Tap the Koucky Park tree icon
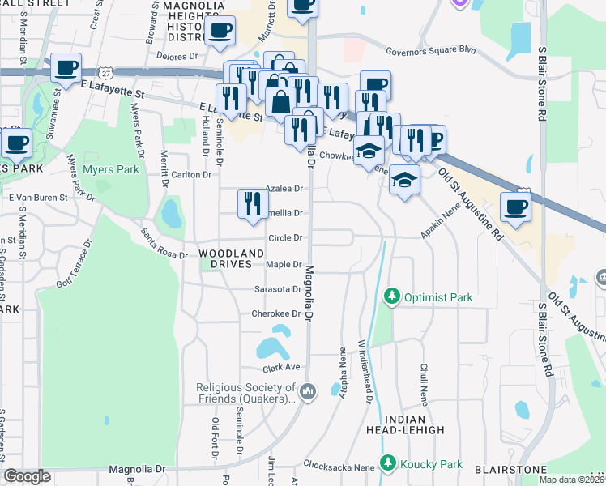(389, 464)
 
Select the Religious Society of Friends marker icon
(307, 393)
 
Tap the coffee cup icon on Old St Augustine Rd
(516, 207)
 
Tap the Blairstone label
(510, 469)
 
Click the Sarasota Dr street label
(278, 288)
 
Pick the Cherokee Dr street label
(277, 313)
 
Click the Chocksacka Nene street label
(339, 467)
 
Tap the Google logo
(27, 475)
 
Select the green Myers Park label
(111, 170)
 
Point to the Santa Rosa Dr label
(164, 243)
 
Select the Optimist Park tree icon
(392, 297)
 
